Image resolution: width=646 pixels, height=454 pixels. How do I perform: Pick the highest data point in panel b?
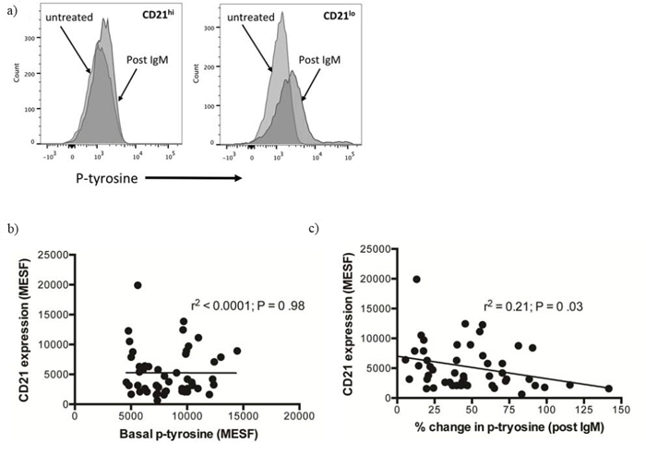tap(138, 285)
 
